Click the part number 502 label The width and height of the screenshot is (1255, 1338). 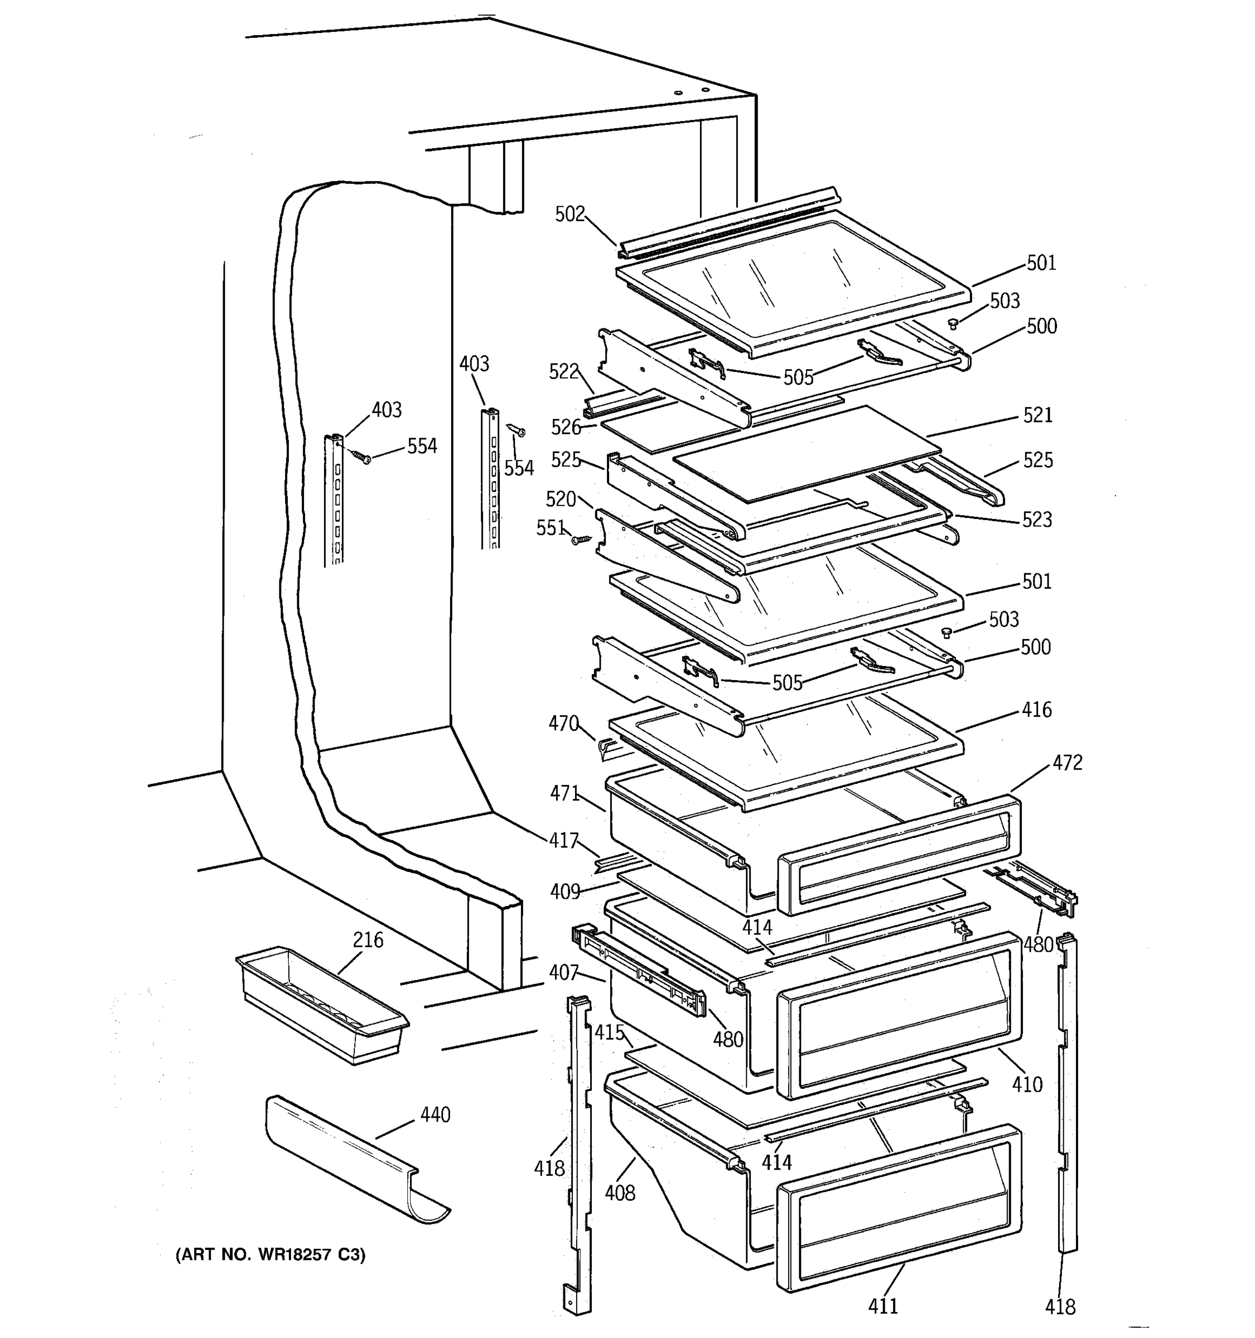(x=569, y=214)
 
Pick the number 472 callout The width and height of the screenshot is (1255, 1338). (x=1067, y=763)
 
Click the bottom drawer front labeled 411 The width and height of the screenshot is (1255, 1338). (x=898, y=1208)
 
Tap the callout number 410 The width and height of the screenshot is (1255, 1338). (x=1027, y=1084)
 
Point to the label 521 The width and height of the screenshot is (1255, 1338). (x=1037, y=415)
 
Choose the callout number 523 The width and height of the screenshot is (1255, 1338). (x=1036, y=519)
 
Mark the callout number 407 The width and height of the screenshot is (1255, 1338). (x=563, y=972)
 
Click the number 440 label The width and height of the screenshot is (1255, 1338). (x=435, y=1114)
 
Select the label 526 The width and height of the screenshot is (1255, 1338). (x=565, y=426)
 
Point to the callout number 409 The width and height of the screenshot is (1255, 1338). (x=564, y=892)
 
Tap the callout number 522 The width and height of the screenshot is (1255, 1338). (x=563, y=371)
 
